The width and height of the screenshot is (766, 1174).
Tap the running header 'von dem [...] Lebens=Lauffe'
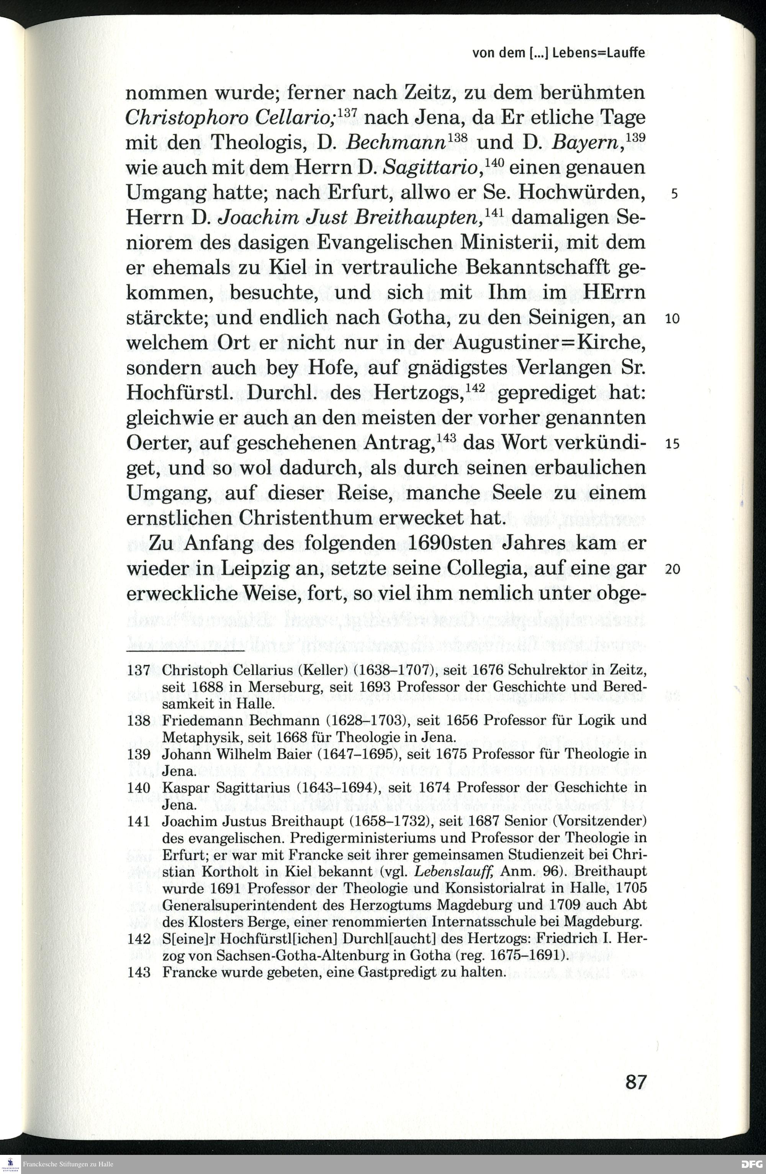tap(558, 53)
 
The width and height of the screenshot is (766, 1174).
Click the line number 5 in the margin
tap(674, 194)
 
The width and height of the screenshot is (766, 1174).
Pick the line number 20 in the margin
tap(672, 570)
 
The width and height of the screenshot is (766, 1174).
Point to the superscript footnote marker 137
tap(350, 113)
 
